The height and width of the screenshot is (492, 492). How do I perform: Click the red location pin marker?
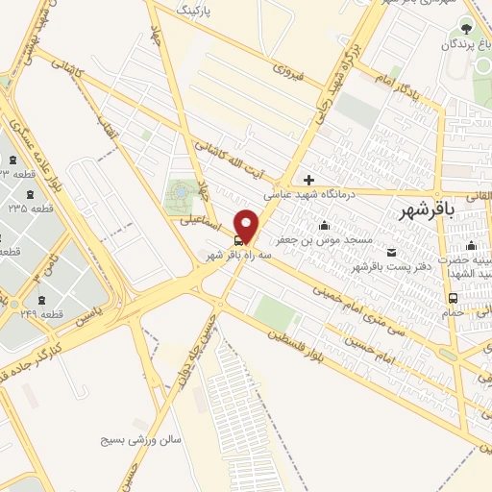point(247,225)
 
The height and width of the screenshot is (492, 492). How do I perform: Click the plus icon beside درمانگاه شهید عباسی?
point(308,179)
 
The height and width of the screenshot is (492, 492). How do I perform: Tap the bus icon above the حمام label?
point(453,298)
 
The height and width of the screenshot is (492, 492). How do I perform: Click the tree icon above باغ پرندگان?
point(467,29)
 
